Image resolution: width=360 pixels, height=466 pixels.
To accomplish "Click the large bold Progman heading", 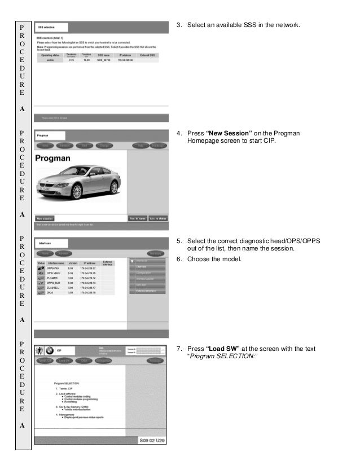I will click(52, 159).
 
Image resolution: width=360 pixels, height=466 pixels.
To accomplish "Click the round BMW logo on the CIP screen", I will click(49, 350).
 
